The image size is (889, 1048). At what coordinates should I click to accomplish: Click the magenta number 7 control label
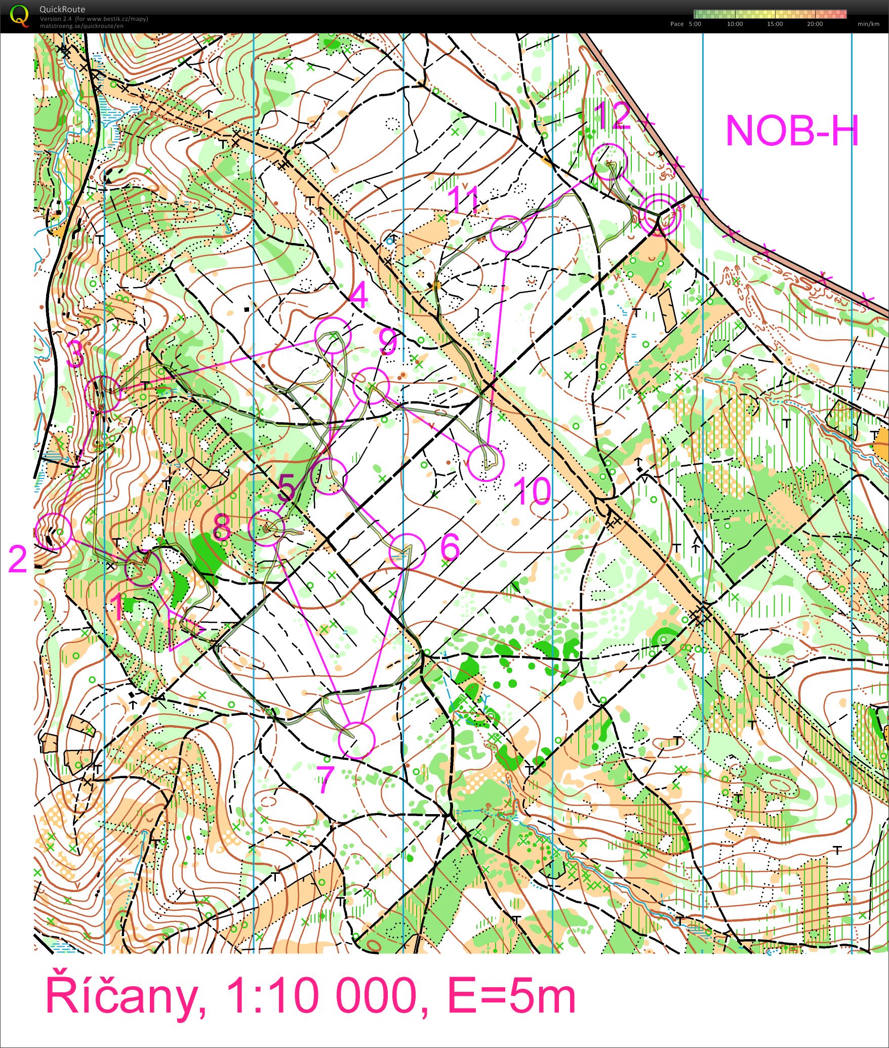(326, 780)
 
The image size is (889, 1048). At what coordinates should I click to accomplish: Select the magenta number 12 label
(613, 116)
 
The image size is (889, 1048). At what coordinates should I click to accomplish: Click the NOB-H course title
(792, 131)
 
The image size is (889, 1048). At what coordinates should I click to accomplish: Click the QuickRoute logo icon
(19, 15)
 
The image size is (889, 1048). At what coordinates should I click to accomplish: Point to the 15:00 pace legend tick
(775, 24)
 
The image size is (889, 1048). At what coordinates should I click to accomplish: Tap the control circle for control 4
(333, 335)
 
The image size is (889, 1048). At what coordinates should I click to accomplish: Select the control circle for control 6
(408, 552)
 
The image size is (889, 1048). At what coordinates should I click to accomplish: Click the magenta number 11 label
(464, 199)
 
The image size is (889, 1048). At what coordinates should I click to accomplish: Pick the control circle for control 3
(103, 393)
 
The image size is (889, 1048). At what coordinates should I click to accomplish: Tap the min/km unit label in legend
(868, 24)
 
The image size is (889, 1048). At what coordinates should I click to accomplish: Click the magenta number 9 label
(388, 343)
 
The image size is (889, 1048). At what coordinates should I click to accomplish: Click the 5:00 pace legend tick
(695, 24)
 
